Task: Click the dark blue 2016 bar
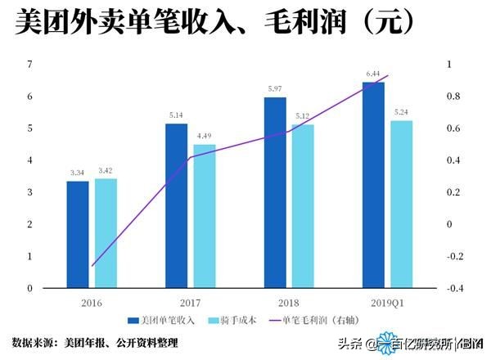pos(78,234)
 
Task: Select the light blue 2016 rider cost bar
pos(106,233)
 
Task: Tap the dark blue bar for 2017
pos(176,205)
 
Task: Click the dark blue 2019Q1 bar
pos(373,185)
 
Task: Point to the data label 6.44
pos(373,74)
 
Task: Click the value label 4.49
pos(204,136)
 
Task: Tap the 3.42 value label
pos(106,170)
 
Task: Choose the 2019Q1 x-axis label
pos(385,302)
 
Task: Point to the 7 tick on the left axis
pos(30,65)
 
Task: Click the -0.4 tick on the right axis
pos(453,288)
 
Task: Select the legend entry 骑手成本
pos(237,320)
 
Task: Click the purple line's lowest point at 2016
pos(92,266)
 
